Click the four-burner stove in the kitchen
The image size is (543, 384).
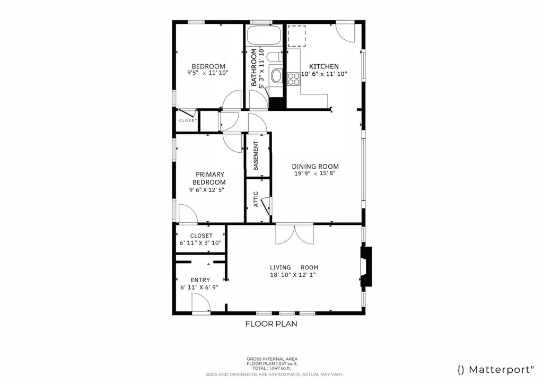click(294, 79)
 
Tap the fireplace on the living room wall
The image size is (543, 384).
click(366, 267)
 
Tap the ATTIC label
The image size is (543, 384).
click(256, 199)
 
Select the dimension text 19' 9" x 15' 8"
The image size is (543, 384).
click(315, 173)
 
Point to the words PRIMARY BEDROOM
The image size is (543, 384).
click(209, 178)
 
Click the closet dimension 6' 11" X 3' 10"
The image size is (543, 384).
click(200, 243)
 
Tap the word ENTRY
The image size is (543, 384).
click(200, 280)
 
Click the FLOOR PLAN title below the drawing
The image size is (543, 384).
click(270, 324)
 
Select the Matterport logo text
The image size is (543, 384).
click(495, 369)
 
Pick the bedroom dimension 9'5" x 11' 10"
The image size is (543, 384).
click(208, 73)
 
